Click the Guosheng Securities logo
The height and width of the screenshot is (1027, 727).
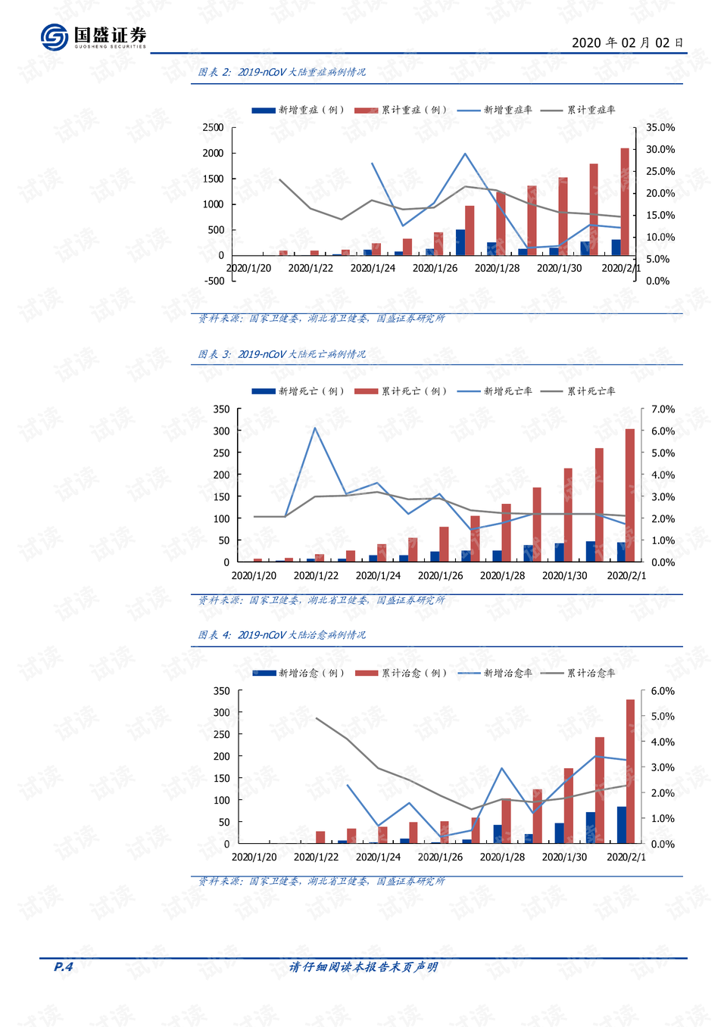click(94, 36)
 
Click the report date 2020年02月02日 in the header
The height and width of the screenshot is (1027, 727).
click(627, 42)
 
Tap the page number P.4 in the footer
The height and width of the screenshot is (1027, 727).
click(64, 966)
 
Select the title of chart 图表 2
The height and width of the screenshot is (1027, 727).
click(282, 72)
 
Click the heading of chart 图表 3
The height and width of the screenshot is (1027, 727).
click(282, 354)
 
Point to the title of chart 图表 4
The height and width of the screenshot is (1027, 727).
click(282, 635)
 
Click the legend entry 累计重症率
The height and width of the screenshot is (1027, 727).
click(578, 110)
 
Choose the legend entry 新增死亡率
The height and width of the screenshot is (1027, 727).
click(495, 391)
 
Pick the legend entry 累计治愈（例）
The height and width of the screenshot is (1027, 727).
click(401, 673)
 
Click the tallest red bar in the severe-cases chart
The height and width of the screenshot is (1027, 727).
click(625, 202)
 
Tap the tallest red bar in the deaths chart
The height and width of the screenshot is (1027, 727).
click(630, 495)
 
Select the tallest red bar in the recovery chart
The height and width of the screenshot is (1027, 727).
click(630, 771)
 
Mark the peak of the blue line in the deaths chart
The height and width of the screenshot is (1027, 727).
click(315, 428)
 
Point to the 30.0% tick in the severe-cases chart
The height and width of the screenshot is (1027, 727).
click(660, 149)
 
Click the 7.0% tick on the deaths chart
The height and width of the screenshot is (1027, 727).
click(663, 409)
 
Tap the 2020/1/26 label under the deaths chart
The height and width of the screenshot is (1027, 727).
click(440, 576)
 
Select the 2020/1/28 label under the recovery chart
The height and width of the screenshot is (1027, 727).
click(502, 857)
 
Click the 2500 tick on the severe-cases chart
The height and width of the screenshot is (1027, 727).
click(214, 127)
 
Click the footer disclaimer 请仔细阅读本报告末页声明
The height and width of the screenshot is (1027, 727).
click(363, 967)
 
